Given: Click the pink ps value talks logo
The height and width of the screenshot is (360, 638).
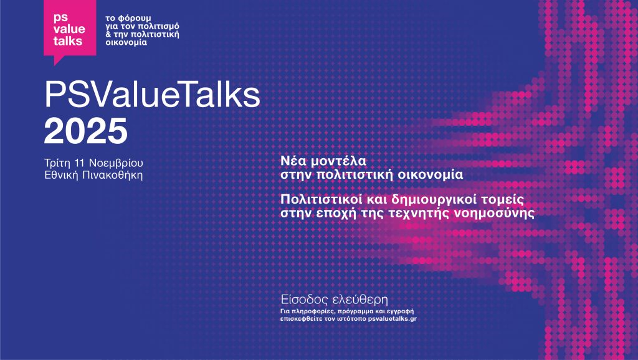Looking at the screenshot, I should tap(70, 29).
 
